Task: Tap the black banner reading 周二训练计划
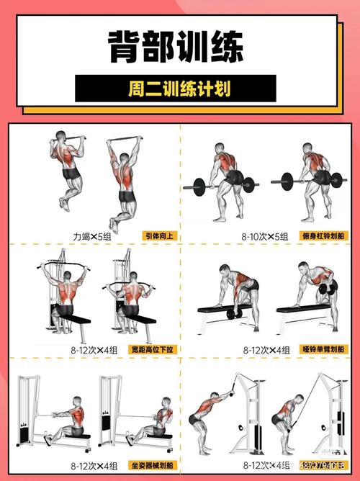click(x=176, y=89)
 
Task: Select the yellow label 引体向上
click(x=159, y=235)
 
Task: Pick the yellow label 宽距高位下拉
click(x=153, y=349)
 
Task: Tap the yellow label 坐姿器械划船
click(x=153, y=466)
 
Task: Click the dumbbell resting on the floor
click(x=233, y=314)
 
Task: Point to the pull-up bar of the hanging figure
click(x=123, y=140)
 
